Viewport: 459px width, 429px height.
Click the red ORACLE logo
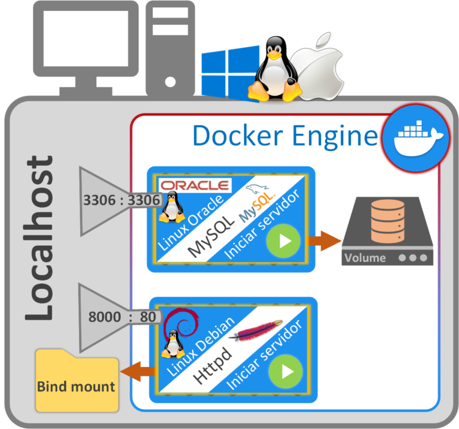(x=194, y=184)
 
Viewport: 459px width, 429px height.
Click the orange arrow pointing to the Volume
(x=325, y=241)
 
